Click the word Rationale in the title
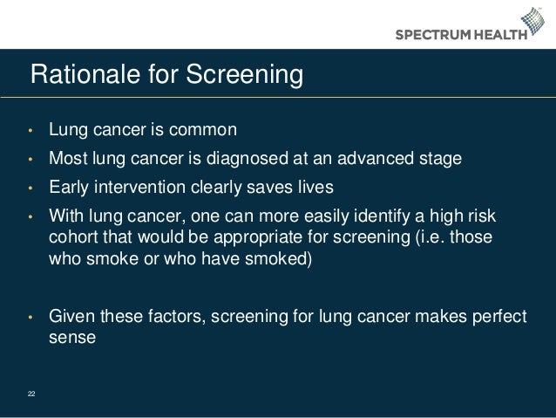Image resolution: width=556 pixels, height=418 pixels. [72, 75]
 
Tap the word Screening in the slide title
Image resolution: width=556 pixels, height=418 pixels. [241, 76]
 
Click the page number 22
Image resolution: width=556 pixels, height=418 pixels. [31, 394]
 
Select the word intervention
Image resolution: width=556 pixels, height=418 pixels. [138, 188]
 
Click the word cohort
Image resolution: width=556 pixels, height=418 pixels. [72, 238]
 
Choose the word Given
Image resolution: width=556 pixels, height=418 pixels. [70, 316]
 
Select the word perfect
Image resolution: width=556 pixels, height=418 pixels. [499, 316]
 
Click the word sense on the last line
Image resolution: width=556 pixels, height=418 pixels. [70, 337]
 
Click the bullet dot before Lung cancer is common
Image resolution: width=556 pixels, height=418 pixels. [31, 133]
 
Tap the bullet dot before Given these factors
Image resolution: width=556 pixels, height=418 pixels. [31, 317]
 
